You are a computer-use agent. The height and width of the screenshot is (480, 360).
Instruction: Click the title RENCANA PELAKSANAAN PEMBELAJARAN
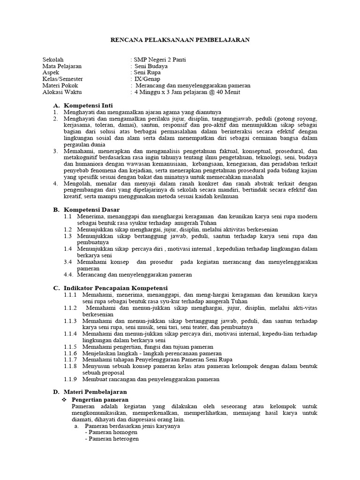click(x=180, y=40)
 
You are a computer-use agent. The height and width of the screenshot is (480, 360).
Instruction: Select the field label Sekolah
click(x=52, y=60)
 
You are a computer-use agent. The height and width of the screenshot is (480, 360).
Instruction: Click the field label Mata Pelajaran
click(x=62, y=67)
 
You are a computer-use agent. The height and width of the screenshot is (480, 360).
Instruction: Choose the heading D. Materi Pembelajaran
click(x=90, y=391)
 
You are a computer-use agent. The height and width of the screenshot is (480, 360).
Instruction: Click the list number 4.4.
click(x=70, y=274)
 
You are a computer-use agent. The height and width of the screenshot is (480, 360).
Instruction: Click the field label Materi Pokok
click(x=60, y=86)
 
